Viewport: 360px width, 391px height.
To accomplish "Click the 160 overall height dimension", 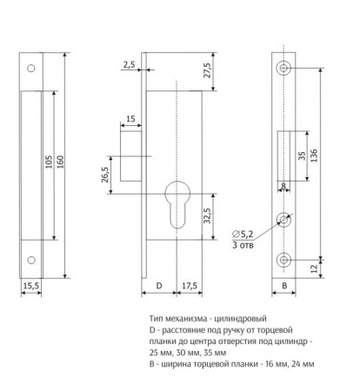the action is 60,162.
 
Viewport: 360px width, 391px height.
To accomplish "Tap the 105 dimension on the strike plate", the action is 49,162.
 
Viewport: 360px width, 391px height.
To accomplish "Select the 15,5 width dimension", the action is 31,286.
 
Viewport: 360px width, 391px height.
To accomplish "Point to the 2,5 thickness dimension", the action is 129,64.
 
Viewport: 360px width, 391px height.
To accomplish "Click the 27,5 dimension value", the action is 208,70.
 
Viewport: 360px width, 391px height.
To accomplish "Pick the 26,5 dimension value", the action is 105,175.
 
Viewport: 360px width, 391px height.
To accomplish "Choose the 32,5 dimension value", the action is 207,215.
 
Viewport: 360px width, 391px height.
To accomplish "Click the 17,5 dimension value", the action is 190,286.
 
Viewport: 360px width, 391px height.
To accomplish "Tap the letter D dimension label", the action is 159,286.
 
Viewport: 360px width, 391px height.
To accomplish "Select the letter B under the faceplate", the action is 284,286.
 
